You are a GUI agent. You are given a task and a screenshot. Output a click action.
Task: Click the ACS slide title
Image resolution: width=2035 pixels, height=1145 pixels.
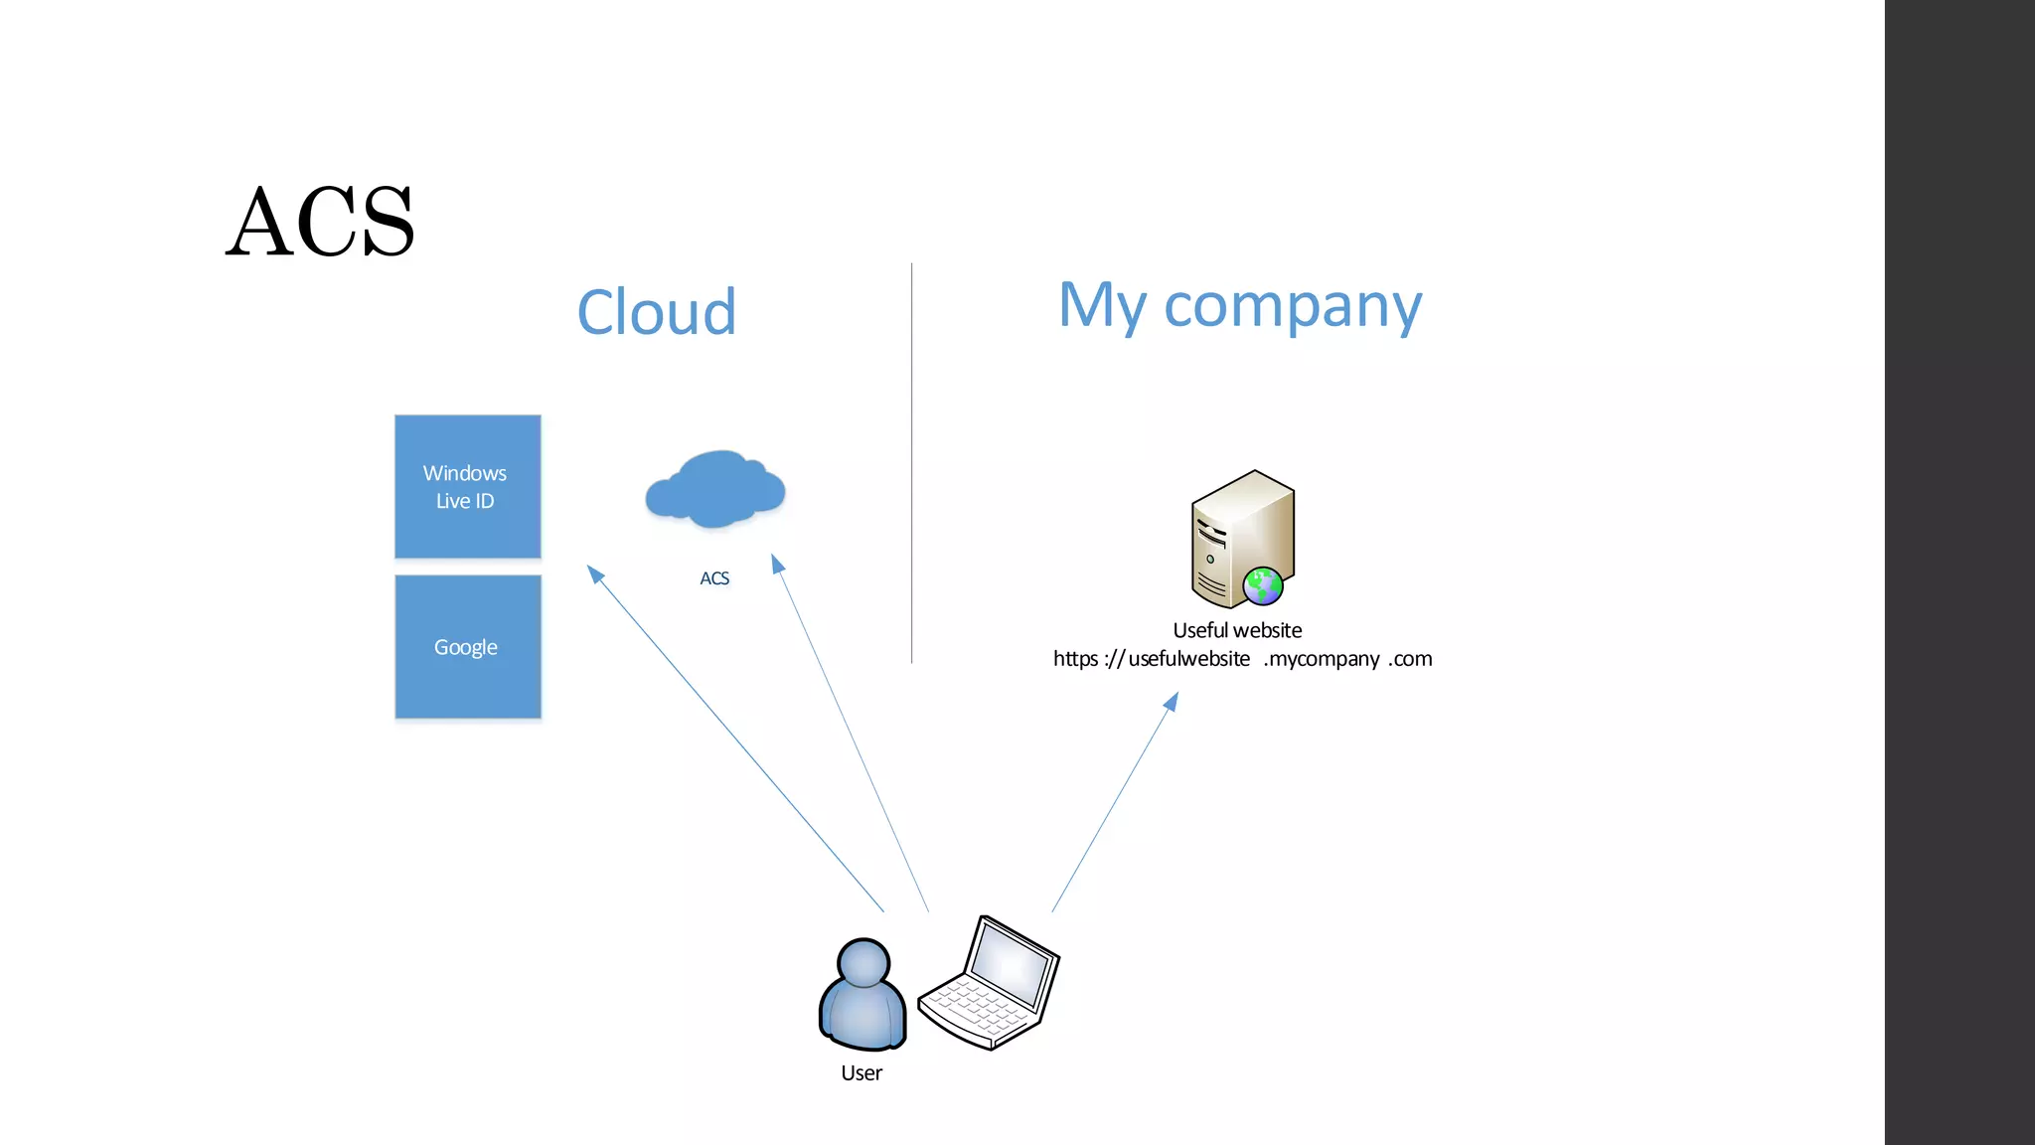coord(320,222)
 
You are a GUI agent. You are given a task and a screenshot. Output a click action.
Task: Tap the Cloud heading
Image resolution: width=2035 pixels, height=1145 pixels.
coord(656,312)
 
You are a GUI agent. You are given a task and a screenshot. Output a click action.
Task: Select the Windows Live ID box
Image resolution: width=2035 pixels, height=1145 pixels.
coord(467,486)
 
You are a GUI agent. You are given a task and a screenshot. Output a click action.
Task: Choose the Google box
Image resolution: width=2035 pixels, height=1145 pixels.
coord(467,646)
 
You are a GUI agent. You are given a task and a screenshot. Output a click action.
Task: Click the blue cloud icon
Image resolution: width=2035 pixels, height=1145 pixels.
coord(714,489)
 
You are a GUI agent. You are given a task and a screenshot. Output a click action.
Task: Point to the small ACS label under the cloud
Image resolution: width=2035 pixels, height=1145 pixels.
coord(713,578)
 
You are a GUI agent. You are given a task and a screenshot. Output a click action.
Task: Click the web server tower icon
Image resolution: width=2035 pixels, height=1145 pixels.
coord(1241,537)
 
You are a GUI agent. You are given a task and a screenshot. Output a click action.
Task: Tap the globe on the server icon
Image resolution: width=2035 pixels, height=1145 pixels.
coord(1263,585)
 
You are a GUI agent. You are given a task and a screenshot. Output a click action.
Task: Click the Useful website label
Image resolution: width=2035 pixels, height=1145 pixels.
coord(1237,630)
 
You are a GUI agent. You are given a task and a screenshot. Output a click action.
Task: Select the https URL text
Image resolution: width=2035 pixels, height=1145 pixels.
coord(1242,659)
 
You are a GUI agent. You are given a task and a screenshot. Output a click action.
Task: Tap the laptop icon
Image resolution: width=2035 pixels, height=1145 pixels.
coord(989,983)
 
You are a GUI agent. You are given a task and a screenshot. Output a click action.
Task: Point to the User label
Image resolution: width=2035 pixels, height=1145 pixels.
coord(861,1073)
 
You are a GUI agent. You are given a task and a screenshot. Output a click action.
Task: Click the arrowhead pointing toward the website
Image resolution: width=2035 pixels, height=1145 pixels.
coord(1172,702)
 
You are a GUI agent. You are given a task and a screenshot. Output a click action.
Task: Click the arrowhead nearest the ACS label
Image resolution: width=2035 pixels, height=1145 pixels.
coord(778,565)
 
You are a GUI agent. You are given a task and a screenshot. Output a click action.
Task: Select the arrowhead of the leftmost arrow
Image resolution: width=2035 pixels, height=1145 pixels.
coord(594,573)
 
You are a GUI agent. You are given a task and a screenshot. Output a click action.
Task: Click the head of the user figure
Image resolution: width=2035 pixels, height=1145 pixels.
coord(862,961)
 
